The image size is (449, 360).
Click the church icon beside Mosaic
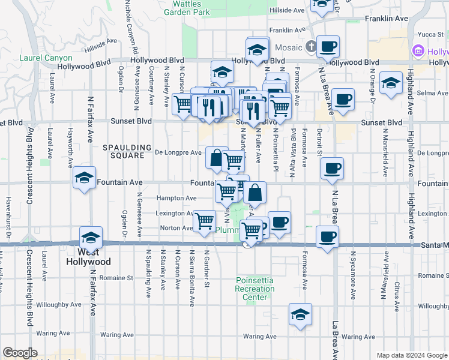point(310,46)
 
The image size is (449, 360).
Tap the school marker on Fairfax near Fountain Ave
point(85,178)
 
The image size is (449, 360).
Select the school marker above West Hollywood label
point(91,238)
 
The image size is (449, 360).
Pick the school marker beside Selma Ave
point(391,84)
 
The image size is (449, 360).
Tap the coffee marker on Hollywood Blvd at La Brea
point(328,47)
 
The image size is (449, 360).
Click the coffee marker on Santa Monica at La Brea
point(327,238)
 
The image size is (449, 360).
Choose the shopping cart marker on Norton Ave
point(205,221)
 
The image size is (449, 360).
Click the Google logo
point(20,353)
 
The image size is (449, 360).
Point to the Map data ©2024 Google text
point(412,355)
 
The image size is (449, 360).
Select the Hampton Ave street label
point(176,198)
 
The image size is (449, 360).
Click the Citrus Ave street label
point(397,292)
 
